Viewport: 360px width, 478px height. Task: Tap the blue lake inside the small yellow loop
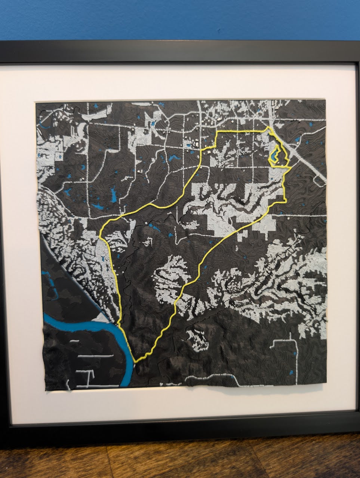tap(275, 154)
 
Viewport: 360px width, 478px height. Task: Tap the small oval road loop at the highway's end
tap(319, 181)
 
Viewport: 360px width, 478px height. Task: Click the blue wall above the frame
tap(179, 19)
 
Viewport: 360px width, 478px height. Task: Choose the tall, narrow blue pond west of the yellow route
tap(113, 194)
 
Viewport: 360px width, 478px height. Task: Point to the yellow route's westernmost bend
tap(101, 234)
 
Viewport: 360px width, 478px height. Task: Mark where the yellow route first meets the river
tap(119, 324)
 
